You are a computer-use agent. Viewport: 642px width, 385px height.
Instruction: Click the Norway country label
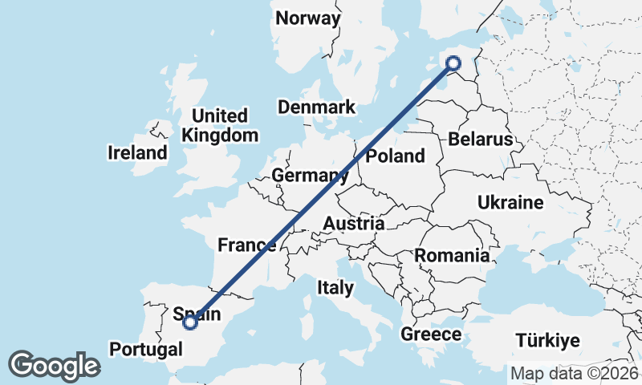[307, 18]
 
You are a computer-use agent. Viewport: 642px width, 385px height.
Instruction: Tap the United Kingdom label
[220, 125]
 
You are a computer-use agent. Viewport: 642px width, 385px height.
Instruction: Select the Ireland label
[138, 152]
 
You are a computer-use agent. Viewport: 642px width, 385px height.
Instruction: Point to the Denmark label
[316, 107]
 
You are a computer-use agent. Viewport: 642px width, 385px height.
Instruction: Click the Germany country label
[304, 176]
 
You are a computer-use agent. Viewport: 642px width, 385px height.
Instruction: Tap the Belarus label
[480, 140]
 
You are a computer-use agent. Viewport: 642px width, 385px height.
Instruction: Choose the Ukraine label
[510, 202]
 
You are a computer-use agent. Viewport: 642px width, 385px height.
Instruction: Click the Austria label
[353, 223]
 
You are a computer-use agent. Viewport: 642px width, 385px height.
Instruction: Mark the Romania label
[452, 256]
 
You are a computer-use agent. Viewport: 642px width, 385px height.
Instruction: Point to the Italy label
[335, 287]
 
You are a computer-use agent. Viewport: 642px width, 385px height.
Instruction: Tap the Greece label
[431, 334]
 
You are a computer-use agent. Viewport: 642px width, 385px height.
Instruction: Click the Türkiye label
[547, 340]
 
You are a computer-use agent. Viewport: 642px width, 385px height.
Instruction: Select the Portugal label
[145, 350]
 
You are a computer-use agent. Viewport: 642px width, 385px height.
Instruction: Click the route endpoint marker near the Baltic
[453, 63]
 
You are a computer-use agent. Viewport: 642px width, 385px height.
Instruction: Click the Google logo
[54, 366]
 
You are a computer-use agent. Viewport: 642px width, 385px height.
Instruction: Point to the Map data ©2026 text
[574, 373]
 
